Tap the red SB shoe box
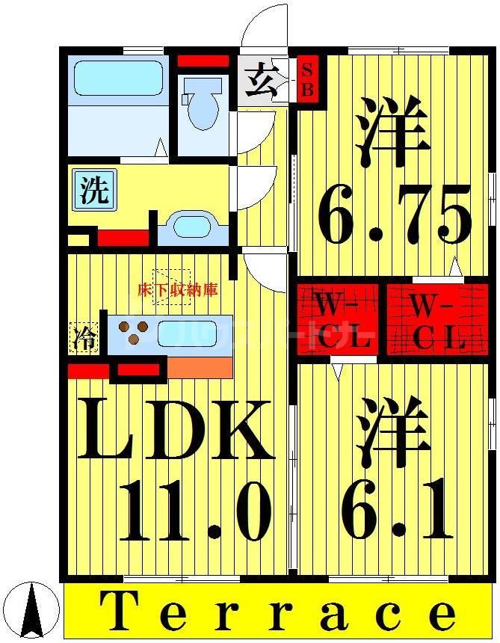pyautogui.click(x=308, y=79)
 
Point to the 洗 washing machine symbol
pyautogui.click(x=94, y=191)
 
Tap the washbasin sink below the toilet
pyautogui.click(x=193, y=227)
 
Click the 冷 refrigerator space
pyautogui.click(x=84, y=339)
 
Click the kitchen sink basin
pyautogui.click(x=187, y=333)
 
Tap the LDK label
pyautogui.click(x=176, y=431)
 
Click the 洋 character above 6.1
pyautogui.click(x=393, y=430)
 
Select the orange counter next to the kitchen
pyautogui.click(x=200, y=367)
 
